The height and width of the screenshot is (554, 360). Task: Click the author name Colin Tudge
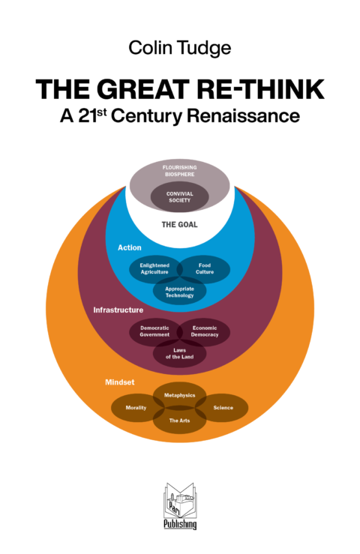point(180,49)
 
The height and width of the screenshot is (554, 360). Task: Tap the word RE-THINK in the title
point(261,89)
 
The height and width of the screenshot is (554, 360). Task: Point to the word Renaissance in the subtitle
point(243,115)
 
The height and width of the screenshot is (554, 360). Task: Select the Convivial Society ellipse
point(180,197)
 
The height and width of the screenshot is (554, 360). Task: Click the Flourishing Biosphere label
point(180,171)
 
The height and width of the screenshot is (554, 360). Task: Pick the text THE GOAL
point(180,225)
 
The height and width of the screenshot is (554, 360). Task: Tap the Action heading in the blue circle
point(130,247)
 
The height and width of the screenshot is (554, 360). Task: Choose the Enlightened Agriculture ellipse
point(154,269)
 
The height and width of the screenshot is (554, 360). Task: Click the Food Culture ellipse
point(205,269)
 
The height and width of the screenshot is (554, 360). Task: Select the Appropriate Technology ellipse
point(180,292)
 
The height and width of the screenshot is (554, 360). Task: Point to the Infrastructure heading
point(118,310)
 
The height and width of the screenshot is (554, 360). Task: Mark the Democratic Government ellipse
point(154,331)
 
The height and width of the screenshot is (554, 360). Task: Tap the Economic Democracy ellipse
point(205,331)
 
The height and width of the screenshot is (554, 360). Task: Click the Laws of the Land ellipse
point(180,354)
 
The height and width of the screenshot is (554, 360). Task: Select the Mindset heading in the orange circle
point(120,382)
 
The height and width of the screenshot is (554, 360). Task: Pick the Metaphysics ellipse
point(180,396)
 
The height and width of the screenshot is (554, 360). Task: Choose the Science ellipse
point(222,408)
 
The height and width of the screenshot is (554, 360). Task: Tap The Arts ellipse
point(180,420)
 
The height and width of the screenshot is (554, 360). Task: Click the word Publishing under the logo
point(180,524)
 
